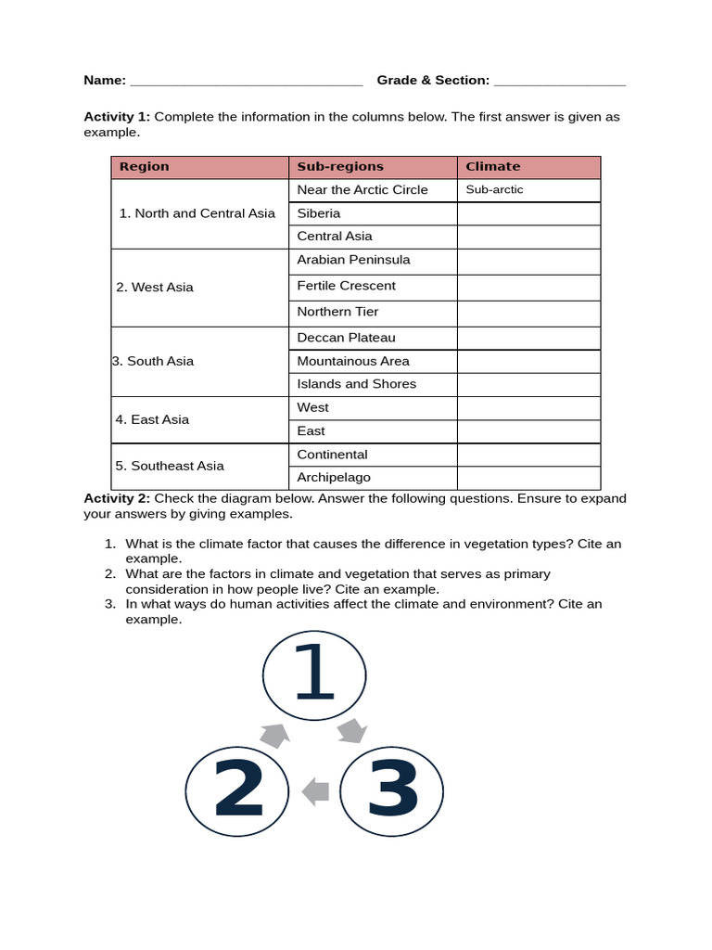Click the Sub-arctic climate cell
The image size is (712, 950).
[528, 190]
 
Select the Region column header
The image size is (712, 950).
[199, 167]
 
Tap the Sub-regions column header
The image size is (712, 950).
[372, 167]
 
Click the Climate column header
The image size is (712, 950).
[528, 167]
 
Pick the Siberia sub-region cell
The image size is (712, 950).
[372, 213]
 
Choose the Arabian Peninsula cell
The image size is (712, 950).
[372, 261]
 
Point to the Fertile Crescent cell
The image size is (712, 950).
[372, 287]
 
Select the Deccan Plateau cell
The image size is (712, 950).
[372, 338]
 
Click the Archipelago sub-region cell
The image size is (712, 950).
[372, 478]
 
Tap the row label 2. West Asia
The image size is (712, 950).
[156, 288]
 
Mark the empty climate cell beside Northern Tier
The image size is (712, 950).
[528, 313]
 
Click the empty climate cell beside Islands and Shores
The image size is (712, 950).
[528, 384]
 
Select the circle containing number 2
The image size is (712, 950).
[237, 790]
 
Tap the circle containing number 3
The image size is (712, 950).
[391, 790]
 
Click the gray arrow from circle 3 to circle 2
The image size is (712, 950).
[315, 790]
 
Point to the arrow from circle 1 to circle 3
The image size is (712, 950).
[352, 730]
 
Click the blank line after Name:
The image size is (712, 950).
[246, 82]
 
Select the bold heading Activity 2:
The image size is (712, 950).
[117, 499]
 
